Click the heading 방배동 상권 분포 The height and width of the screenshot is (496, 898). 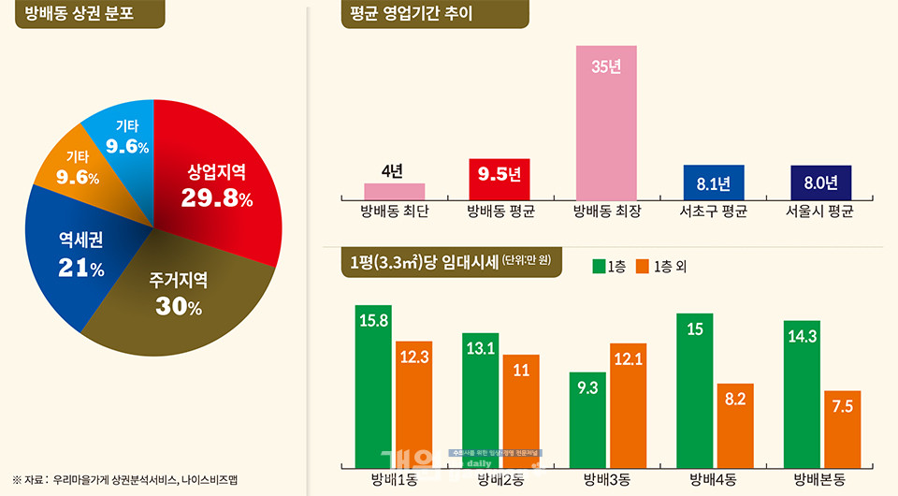(x=80, y=14)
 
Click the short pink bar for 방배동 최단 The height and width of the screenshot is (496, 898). (x=394, y=191)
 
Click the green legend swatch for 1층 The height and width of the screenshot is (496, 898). (x=599, y=267)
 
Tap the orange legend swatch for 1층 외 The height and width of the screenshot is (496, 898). (x=642, y=267)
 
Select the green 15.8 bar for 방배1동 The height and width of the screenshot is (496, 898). (x=373, y=384)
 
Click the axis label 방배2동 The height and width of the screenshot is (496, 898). (x=500, y=480)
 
